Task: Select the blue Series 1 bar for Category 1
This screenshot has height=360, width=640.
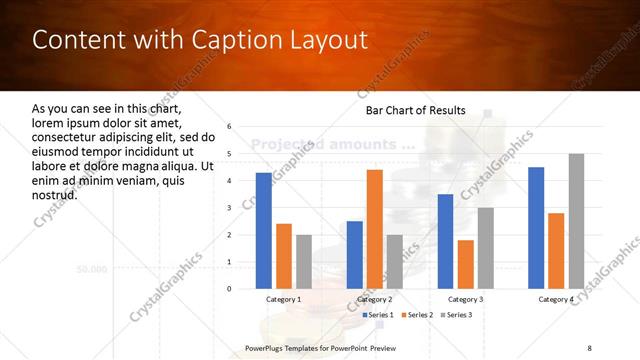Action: pos(263,230)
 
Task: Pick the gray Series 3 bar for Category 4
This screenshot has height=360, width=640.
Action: pos(576,221)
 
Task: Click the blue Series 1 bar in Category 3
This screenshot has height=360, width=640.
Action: pos(445,241)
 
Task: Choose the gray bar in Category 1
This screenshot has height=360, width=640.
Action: pos(304,261)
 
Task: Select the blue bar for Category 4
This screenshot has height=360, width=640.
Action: pos(536,227)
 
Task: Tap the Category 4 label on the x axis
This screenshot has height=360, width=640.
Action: pos(556,299)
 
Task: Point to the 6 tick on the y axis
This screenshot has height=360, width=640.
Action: pos(229,127)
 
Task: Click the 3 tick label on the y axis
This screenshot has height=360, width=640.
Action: pos(229,208)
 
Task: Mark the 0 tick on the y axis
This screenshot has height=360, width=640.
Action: pos(229,289)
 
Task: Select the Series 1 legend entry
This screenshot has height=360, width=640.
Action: pos(378,315)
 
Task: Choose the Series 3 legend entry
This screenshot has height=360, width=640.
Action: pos(456,315)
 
